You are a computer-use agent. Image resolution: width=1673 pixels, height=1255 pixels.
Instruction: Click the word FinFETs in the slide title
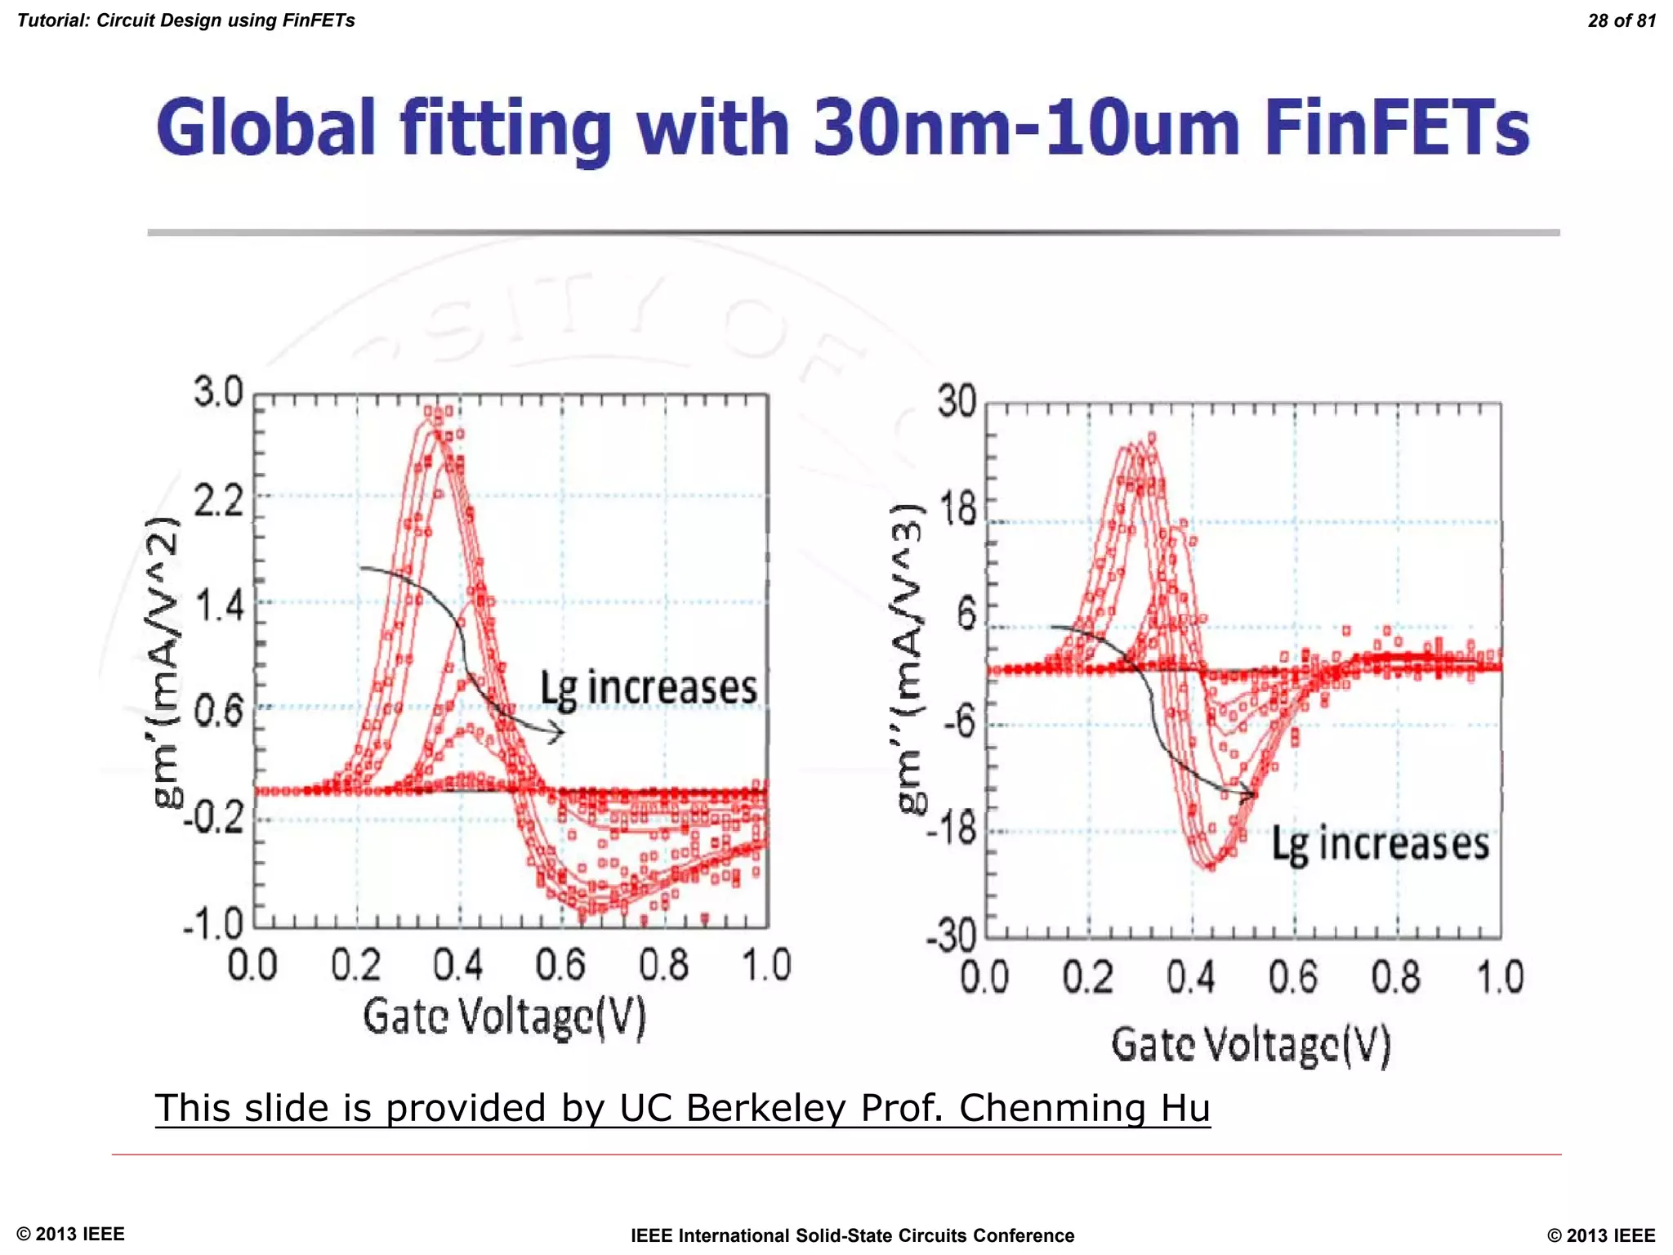tap(1395, 128)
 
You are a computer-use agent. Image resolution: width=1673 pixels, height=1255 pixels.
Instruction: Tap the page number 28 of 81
tap(1621, 21)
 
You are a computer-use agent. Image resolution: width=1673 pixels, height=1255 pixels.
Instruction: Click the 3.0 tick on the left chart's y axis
tap(218, 392)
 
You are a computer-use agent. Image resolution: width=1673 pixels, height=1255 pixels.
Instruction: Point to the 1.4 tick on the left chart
tap(219, 605)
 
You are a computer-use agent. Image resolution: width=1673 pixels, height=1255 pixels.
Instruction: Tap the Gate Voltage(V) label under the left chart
tap(504, 1016)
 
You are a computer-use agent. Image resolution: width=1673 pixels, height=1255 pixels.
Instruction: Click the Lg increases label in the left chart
tap(649, 688)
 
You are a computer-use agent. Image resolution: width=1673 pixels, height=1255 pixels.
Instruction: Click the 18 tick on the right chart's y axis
tap(958, 510)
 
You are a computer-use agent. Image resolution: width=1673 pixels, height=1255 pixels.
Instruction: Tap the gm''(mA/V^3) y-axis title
tap(909, 658)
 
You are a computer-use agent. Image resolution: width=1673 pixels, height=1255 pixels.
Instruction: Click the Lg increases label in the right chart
tap(1380, 844)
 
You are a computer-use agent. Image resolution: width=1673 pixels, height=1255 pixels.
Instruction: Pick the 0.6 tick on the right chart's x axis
tap(1293, 977)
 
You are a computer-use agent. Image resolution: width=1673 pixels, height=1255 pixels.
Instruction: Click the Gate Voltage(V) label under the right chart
tap(1251, 1046)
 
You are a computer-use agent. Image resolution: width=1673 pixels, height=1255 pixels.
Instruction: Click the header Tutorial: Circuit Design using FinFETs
tap(186, 20)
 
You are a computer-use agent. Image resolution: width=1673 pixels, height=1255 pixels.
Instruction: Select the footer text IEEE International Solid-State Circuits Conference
tap(852, 1235)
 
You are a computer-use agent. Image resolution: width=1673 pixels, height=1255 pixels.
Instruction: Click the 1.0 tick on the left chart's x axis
tap(766, 966)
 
